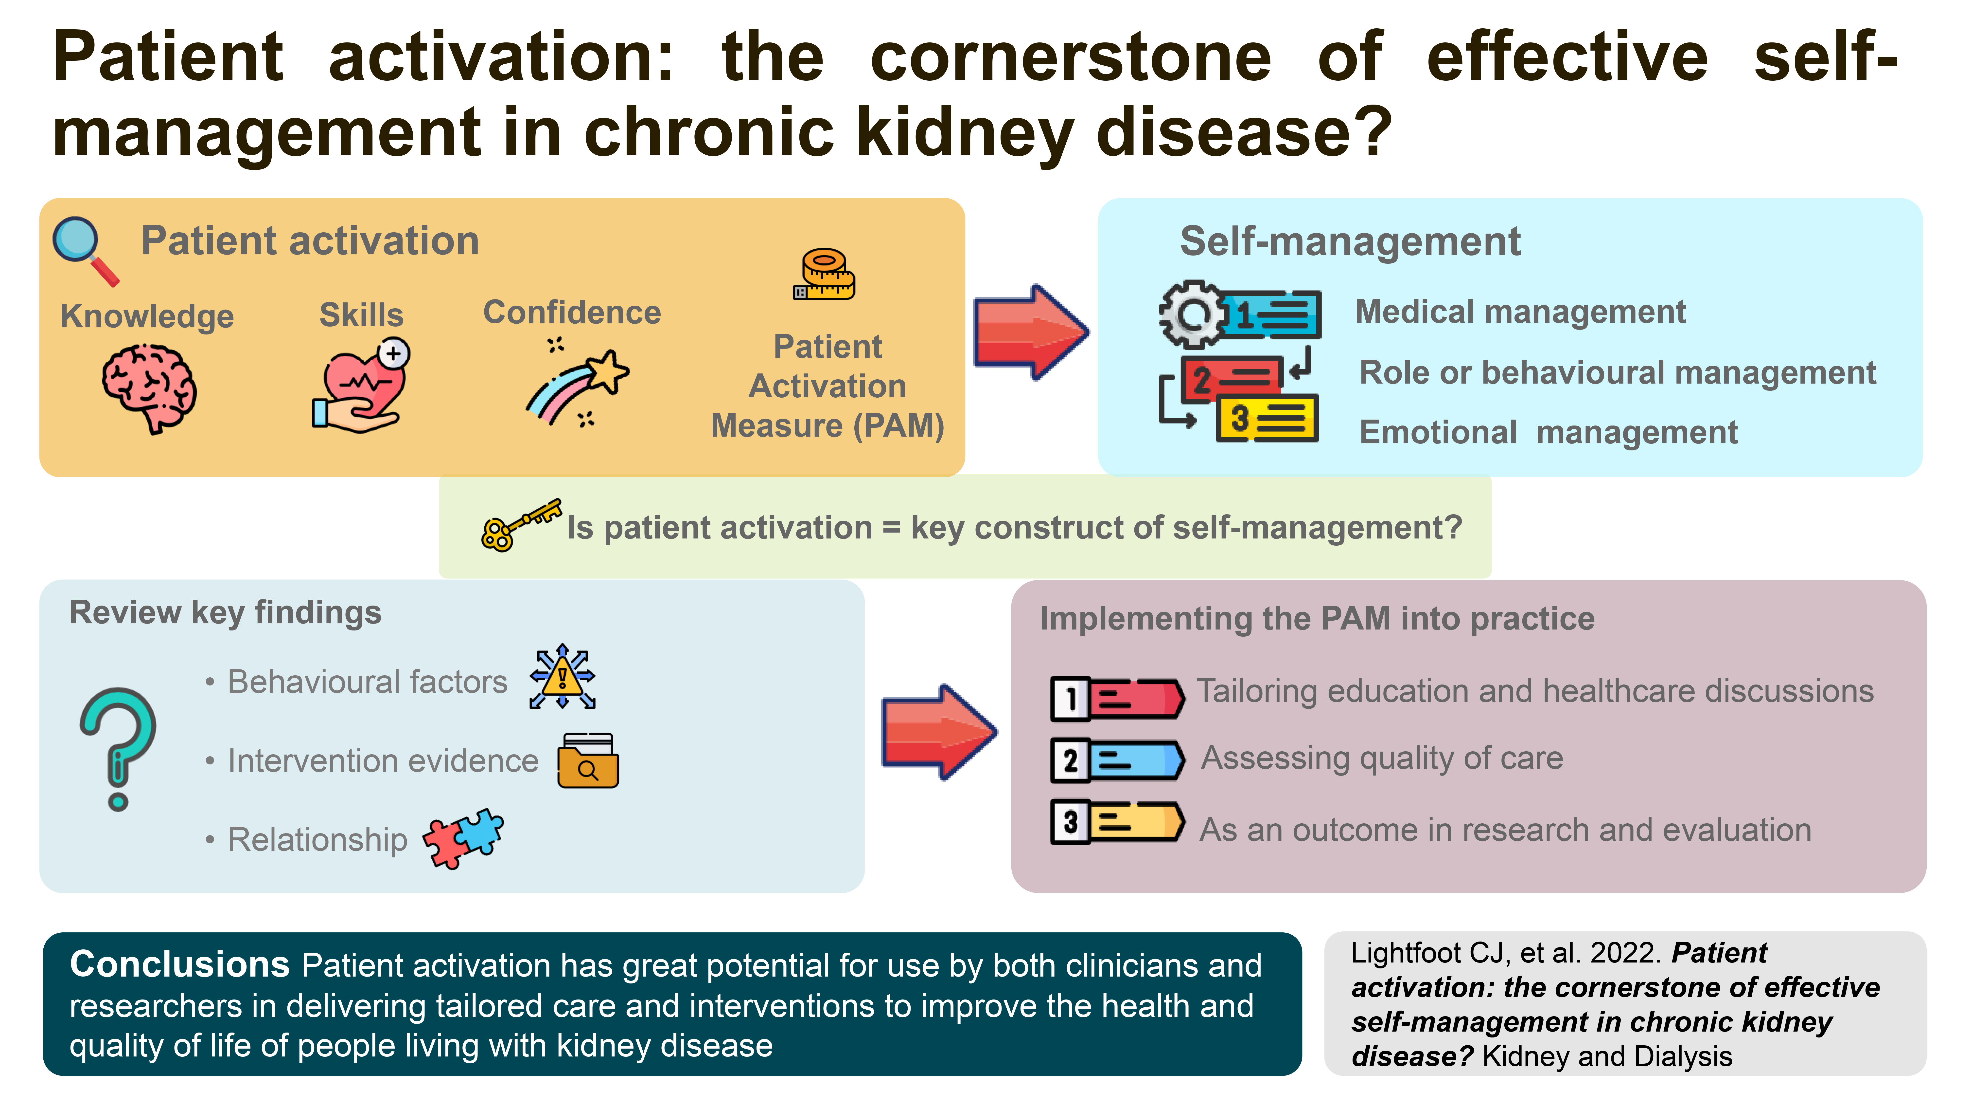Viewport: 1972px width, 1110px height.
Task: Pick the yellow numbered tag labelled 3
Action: pos(1118,822)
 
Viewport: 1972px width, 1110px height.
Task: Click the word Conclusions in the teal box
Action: pos(180,964)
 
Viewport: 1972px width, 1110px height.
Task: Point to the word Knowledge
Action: pos(147,316)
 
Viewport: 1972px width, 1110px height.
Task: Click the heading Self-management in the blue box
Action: pos(1350,242)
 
